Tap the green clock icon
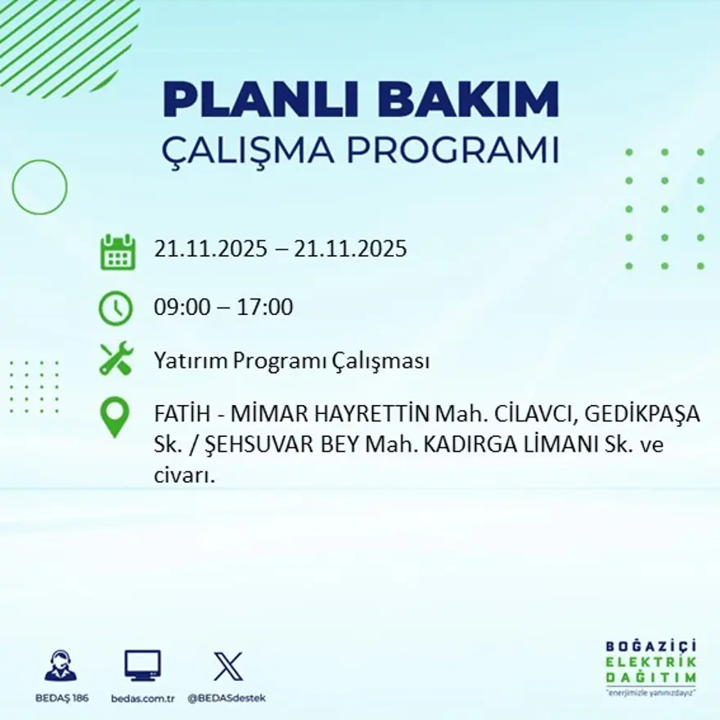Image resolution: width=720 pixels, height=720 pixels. [x=115, y=308]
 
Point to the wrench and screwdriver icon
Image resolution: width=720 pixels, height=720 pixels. [x=115, y=359]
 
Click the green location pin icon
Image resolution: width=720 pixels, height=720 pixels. [x=115, y=416]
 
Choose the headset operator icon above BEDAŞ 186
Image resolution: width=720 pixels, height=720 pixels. [x=61, y=667]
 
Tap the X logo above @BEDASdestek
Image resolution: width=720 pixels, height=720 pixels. [x=227, y=666]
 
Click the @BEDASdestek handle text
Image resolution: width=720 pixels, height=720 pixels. [x=227, y=698]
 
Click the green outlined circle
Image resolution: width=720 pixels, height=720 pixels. [x=39, y=187]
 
